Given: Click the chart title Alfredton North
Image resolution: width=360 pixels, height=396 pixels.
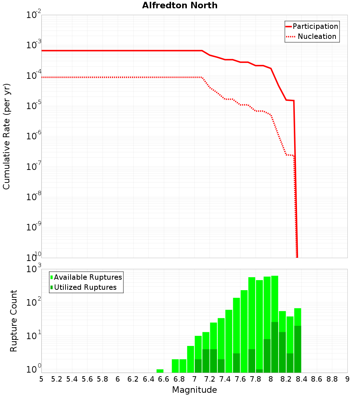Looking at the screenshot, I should tap(180, 5).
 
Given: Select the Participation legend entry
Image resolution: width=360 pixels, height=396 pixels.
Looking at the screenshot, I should tap(312, 26).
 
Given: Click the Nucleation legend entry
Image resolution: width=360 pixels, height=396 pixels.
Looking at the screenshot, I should tap(312, 36).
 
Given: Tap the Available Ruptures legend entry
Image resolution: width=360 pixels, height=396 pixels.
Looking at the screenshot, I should tap(86, 277).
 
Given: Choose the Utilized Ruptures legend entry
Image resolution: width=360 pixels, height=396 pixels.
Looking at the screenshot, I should tap(84, 287).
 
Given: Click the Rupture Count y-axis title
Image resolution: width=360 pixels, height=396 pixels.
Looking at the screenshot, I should tap(14, 321).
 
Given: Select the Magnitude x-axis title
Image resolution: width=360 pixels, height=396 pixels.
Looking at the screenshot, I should tap(194, 390).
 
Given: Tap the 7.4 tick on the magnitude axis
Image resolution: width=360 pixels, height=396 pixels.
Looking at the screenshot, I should tap(225, 379).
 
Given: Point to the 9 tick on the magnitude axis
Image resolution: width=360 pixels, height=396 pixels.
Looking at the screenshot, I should tap(347, 379).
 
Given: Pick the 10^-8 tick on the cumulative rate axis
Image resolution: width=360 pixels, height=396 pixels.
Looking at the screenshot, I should tap(34, 197).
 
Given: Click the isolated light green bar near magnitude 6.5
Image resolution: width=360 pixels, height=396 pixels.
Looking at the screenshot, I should tap(160, 371).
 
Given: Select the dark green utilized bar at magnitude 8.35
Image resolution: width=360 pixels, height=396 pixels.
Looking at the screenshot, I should tap(298, 349).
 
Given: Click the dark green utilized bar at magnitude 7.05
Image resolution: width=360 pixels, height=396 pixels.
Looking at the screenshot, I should tap(198, 366).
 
